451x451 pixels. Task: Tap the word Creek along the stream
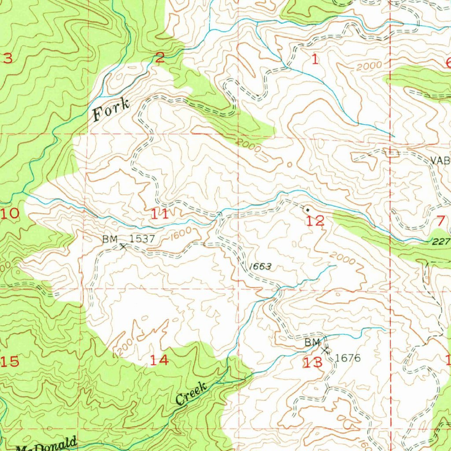(191, 394)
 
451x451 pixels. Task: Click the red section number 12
(315, 221)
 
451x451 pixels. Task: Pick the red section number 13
(313, 363)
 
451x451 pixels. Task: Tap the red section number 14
(159, 360)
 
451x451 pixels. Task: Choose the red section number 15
(10, 362)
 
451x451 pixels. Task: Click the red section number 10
(10, 214)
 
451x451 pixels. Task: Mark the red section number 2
(159, 57)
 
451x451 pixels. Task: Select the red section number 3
(7, 57)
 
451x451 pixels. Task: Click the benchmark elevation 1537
(142, 239)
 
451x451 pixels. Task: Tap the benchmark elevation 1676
(347, 358)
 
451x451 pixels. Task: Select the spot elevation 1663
(260, 266)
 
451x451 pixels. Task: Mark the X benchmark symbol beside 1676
(326, 351)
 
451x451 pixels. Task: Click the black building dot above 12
(307, 210)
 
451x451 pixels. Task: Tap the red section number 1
(314, 60)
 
